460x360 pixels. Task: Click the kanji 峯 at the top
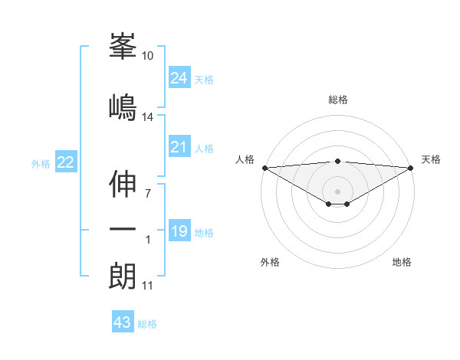(x=123, y=48)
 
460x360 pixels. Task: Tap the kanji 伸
(x=123, y=184)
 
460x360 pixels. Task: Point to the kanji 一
(x=123, y=230)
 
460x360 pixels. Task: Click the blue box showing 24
(x=179, y=78)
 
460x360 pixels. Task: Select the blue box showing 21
(x=179, y=147)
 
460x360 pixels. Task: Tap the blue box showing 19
(x=179, y=231)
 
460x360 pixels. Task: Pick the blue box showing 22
(x=65, y=162)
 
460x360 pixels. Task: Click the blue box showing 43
(x=122, y=322)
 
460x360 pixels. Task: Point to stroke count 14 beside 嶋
(x=148, y=117)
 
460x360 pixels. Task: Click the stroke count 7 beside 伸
(x=148, y=192)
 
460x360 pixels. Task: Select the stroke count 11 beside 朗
(x=147, y=286)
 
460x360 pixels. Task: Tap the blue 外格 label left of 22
(x=41, y=163)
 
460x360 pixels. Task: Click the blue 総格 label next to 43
(x=148, y=324)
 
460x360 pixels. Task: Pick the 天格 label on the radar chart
(x=431, y=159)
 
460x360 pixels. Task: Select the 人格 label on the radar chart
(x=245, y=159)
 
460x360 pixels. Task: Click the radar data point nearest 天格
(x=412, y=168)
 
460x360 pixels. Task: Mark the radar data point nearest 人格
(x=264, y=168)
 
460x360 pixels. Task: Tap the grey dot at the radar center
(x=337, y=191)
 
